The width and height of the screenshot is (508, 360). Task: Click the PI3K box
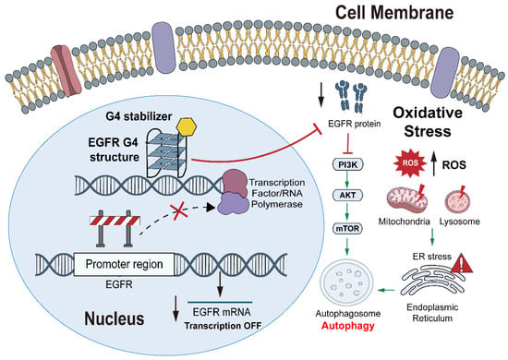[x=348, y=165]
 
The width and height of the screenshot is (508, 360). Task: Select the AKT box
[x=347, y=195]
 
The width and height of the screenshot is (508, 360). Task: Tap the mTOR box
[x=347, y=229]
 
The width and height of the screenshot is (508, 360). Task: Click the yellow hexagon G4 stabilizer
[x=187, y=126]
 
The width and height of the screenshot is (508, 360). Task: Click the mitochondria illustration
[x=406, y=198]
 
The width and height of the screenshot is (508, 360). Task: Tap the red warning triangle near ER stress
[x=462, y=263]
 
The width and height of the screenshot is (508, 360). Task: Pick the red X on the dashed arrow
[x=178, y=210]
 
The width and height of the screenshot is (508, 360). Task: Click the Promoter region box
[x=124, y=265]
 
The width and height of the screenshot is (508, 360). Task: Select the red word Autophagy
[x=347, y=326]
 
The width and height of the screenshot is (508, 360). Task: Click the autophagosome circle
[x=346, y=282]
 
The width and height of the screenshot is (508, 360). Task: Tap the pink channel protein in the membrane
[x=67, y=70]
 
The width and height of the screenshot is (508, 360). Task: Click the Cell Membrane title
[x=394, y=13]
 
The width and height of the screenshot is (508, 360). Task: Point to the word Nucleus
[x=115, y=318]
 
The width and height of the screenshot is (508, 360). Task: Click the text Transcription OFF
[x=223, y=326]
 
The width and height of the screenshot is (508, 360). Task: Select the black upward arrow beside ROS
[x=434, y=165]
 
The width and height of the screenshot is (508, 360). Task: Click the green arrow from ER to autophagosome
[x=386, y=290]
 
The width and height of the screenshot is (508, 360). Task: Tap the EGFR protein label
[x=354, y=124]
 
